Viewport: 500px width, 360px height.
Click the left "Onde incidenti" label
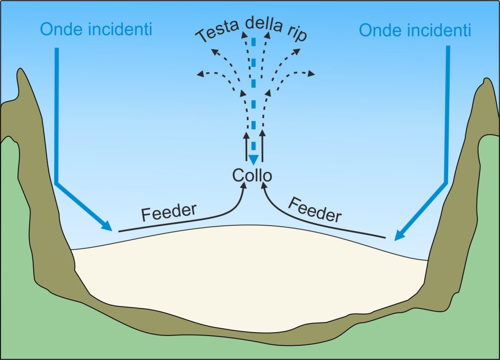pyautogui.click(x=96, y=29)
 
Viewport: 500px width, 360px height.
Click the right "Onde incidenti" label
pyautogui.click(x=415, y=30)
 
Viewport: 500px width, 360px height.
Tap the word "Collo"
pyautogui.click(x=251, y=175)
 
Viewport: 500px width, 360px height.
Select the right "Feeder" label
pyautogui.click(x=314, y=209)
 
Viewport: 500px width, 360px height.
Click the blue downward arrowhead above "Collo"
pyautogui.click(x=253, y=160)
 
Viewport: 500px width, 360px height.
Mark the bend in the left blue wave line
pyautogui.click(x=57, y=184)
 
